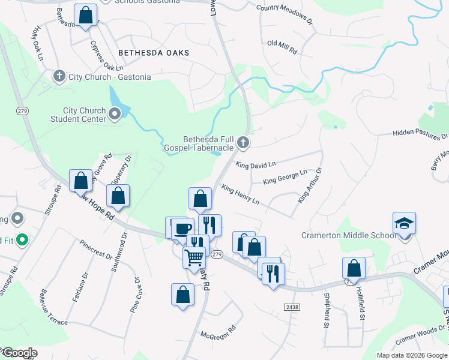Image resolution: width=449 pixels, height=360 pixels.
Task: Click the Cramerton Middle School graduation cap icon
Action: [x=404, y=224]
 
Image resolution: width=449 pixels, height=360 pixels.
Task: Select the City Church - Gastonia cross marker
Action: [x=59, y=76]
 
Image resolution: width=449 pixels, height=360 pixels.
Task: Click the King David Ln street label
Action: [x=256, y=164]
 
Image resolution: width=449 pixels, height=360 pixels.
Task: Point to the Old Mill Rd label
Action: [x=282, y=46]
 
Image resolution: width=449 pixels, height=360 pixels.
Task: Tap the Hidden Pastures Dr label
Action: [x=420, y=132]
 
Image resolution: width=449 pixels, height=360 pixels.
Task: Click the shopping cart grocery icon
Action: [x=194, y=258]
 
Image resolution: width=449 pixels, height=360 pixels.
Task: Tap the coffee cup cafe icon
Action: [x=182, y=228]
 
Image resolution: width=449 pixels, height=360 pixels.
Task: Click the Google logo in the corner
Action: [x=19, y=353]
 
